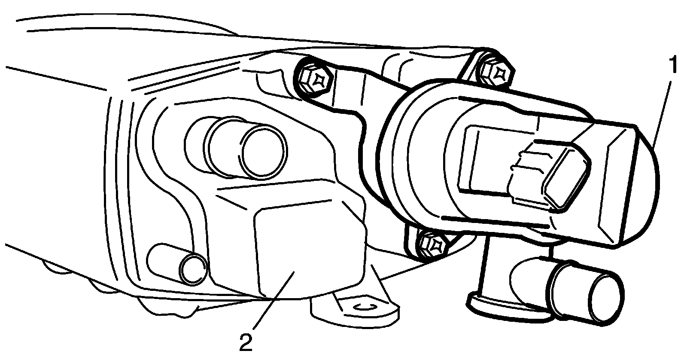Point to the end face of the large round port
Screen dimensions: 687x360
click(263, 151)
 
